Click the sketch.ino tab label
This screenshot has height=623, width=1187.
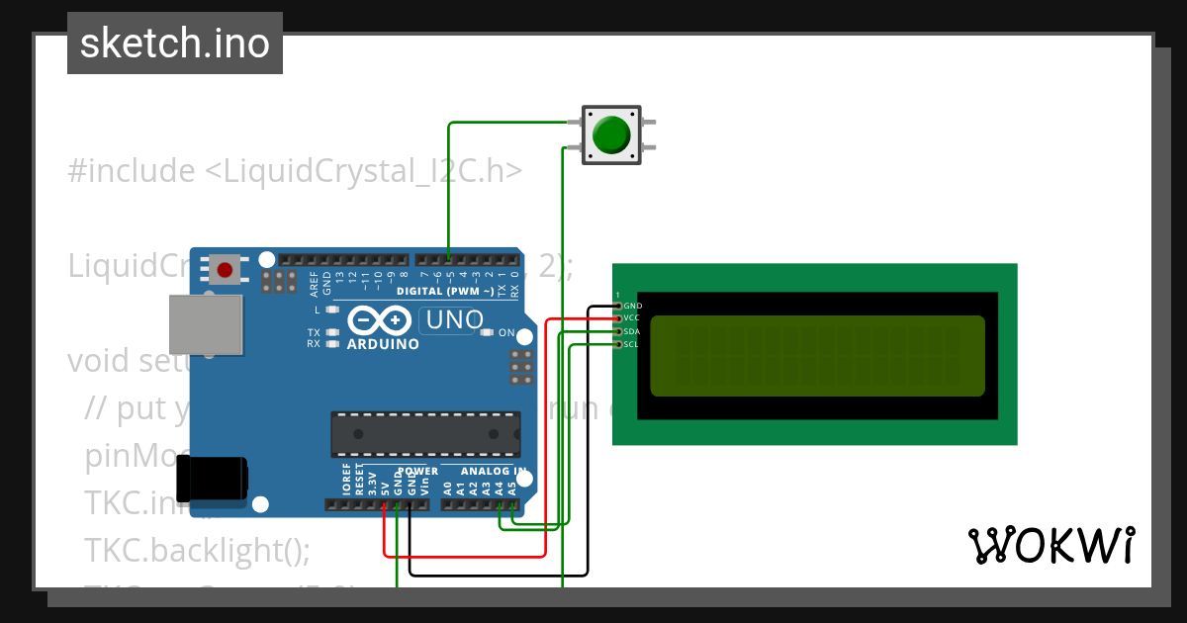point(174,44)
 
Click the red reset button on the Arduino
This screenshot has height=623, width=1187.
point(225,269)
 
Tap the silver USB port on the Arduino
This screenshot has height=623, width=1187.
point(205,323)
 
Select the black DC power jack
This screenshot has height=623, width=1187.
point(212,480)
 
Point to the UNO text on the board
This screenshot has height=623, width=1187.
point(452,319)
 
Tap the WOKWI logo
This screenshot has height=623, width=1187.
point(1050,546)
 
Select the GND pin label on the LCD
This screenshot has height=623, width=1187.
point(633,307)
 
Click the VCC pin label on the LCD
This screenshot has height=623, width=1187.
point(632,318)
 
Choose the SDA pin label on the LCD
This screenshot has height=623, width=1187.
point(633,331)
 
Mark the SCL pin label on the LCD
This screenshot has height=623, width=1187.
point(632,344)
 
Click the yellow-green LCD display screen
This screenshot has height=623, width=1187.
point(817,355)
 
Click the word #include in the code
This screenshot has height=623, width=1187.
point(132,171)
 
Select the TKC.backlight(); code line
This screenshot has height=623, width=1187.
point(197,550)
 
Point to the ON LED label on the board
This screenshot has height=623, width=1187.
point(506,332)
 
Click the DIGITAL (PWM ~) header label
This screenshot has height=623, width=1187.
point(445,292)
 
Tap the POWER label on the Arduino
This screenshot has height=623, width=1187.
point(417,472)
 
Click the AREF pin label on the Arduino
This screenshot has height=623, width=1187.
point(315,284)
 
